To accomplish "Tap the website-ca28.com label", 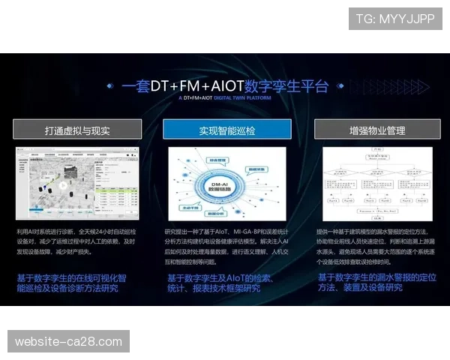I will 68,342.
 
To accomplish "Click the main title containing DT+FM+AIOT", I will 225,85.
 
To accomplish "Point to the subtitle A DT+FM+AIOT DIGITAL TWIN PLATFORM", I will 224,98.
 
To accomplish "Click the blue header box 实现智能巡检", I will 226,130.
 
